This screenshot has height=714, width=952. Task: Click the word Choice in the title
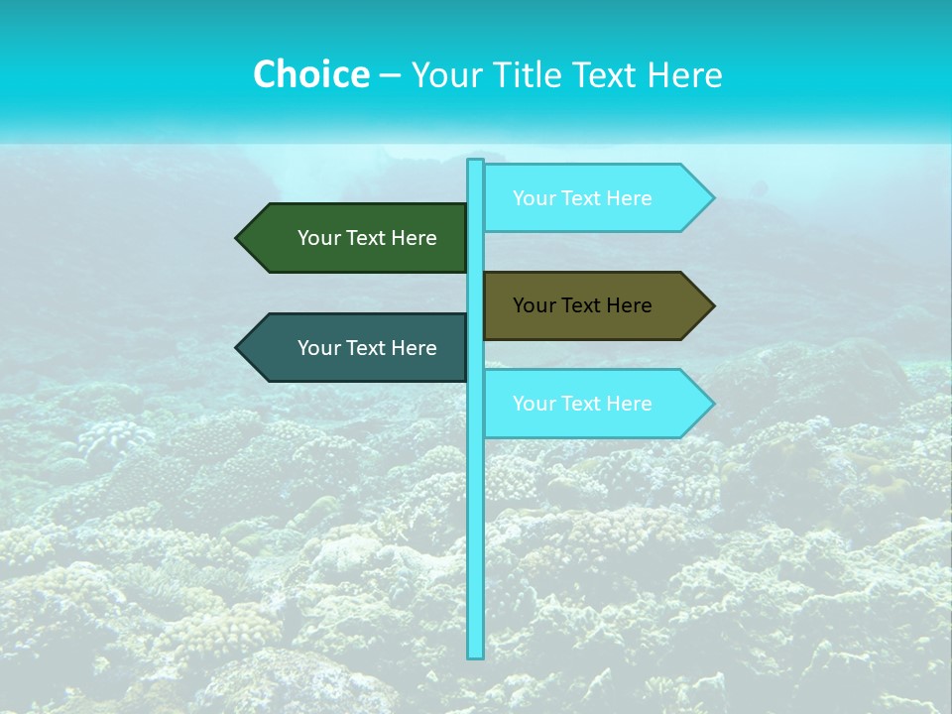311,74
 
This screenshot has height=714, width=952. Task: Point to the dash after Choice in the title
390,75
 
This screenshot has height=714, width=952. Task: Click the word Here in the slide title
684,74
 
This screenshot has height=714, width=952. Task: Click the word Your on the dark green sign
319,238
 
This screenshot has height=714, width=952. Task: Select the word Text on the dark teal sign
368,348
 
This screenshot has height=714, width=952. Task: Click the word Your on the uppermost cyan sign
535,198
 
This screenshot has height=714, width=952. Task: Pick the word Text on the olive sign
583,305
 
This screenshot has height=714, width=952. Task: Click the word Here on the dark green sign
415,238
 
